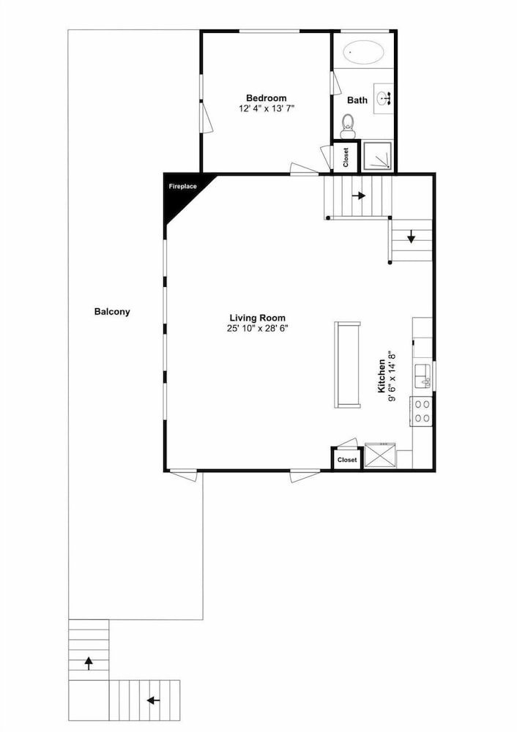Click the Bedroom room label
click(x=267, y=98)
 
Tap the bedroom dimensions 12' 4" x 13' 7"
click(x=267, y=108)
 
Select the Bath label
click(x=357, y=100)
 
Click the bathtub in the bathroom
click(x=364, y=52)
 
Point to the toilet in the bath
click(x=347, y=126)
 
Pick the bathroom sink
click(x=385, y=99)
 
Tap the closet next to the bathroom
click(x=346, y=157)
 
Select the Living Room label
click(x=257, y=318)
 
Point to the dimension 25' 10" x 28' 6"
click(x=257, y=328)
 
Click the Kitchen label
click(x=382, y=376)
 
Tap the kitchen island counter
click(x=347, y=365)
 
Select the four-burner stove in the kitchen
click(x=421, y=411)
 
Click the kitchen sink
click(x=423, y=376)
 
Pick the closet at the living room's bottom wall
click(x=347, y=460)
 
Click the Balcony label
click(x=112, y=312)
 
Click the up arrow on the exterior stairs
click(x=89, y=663)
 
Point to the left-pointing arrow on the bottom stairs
click(x=153, y=701)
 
